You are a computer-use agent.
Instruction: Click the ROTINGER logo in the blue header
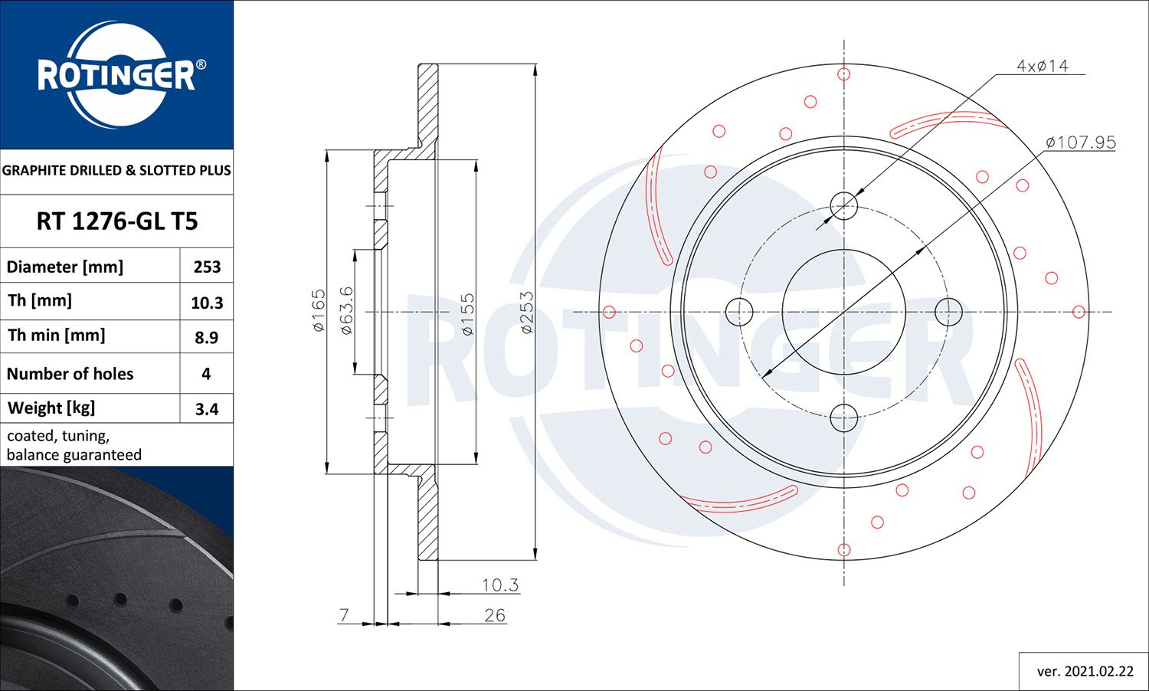[117, 75]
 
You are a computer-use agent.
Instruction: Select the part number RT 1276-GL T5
[117, 221]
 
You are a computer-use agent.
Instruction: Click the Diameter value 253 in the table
[207, 267]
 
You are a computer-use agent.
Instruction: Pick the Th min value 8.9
[207, 337]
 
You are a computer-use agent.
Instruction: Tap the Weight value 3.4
[207, 409]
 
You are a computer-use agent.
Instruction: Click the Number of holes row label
[70, 374]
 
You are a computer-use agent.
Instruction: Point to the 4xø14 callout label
[1042, 66]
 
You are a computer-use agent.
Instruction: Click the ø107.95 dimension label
[1081, 142]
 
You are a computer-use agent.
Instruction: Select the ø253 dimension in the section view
[527, 312]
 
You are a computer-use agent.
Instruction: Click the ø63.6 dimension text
[346, 310]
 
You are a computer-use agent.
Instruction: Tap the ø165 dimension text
[319, 310]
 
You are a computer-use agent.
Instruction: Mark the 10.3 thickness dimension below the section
[499, 585]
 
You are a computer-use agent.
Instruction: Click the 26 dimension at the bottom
[495, 615]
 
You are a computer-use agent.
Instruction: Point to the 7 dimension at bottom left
[344, 615]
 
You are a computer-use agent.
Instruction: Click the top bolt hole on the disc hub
[844, 205]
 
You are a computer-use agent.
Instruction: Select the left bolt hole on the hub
[739, 312]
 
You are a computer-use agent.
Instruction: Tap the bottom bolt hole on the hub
[844, 418]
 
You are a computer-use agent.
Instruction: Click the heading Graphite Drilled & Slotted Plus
[116, 170]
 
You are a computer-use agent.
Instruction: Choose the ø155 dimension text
[467, 313]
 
